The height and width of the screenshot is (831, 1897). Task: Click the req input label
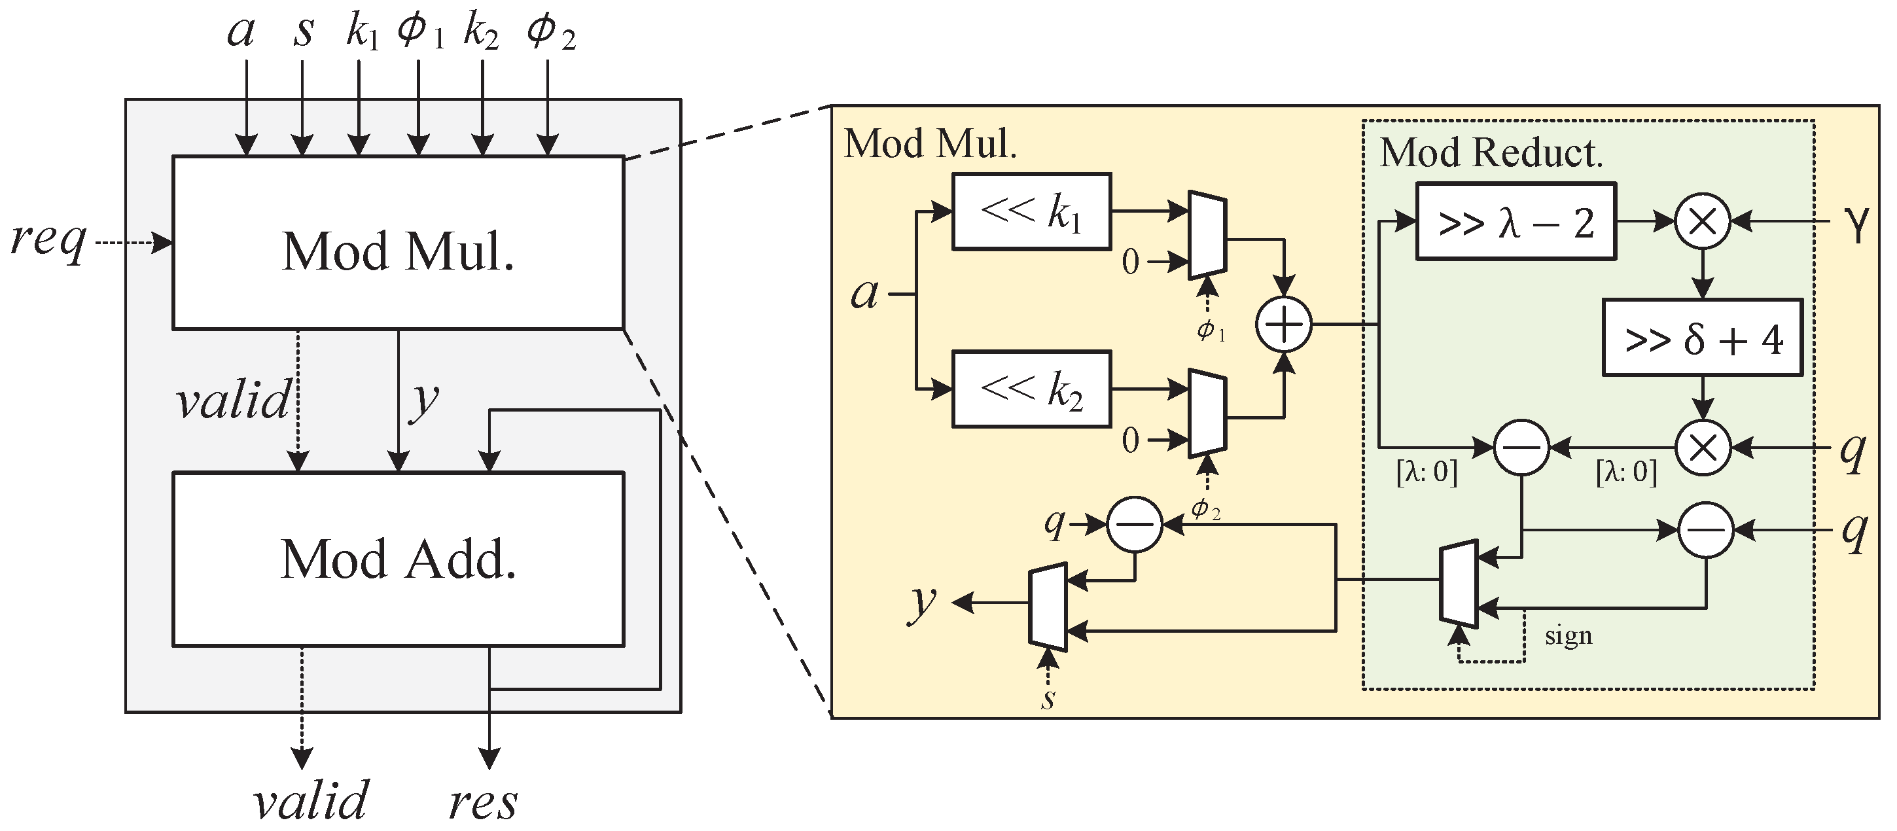tap(48, 241)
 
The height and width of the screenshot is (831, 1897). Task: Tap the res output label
tap(483, 802)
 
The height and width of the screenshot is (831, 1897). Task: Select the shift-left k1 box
tap(1031, 212)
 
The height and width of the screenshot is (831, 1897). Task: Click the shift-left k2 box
tap(1031, 389)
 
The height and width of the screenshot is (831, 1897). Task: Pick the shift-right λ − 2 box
tap(1516, 222)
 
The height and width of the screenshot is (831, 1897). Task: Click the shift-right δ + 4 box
tap(1703, 338)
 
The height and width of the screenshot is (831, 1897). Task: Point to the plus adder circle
tap(1284, 324)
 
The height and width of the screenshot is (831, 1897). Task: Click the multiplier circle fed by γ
tap(1703, 221)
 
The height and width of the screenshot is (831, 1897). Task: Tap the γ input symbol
tap(1858, 223)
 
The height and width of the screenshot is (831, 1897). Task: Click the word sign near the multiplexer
tap(1568, 636)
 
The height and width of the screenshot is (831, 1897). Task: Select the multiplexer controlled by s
tap(1048, 607)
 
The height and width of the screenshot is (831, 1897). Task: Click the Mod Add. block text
tap(398, 559)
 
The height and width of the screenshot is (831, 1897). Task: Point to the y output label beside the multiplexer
tap(921, 603)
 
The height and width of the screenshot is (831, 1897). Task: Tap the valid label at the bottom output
tap(310, 801)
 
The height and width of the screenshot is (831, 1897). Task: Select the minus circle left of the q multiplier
tap(1521, 447)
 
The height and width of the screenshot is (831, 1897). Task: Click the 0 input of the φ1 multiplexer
tap(1130, 262)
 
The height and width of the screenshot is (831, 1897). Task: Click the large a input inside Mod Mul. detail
tap(864, 294)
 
